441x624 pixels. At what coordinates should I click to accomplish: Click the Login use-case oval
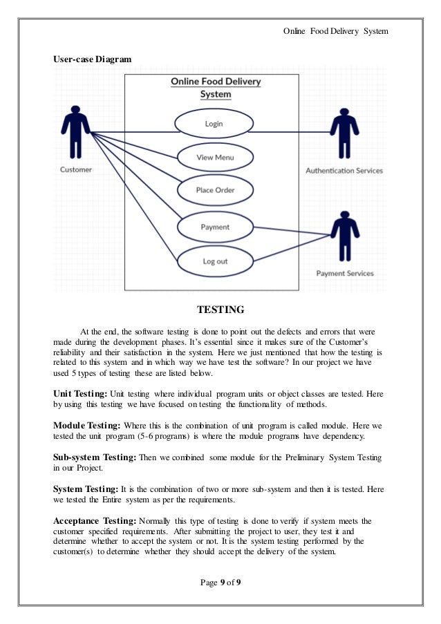[214, 124]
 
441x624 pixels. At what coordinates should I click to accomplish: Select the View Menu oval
[215, 158]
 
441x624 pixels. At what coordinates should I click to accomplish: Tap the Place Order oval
[215, 190]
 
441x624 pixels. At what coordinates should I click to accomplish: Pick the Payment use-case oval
[215, 227]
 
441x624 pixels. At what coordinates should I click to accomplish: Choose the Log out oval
[215, 261]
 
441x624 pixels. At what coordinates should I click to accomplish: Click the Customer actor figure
[75, 133]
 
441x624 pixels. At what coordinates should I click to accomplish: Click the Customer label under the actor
[76, 170]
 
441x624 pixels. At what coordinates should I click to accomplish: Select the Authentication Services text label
[344, 171]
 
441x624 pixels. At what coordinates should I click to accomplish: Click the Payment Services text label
[345, 273]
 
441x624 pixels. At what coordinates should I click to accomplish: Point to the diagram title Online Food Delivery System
[216, 88]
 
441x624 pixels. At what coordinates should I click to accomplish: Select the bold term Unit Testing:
[79, 393]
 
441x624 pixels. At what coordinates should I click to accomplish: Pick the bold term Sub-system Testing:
[95, 457]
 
